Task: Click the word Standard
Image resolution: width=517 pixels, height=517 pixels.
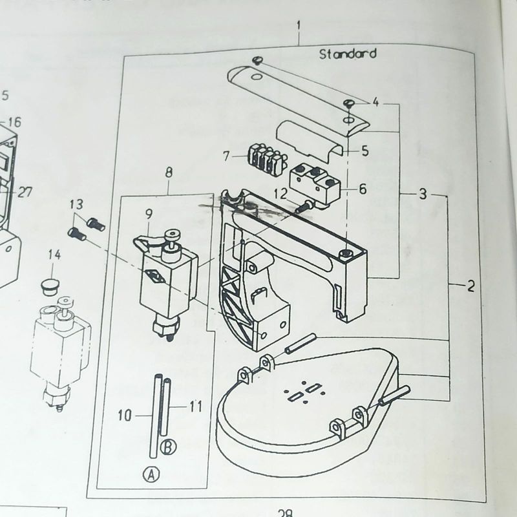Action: click(x=348, y=54)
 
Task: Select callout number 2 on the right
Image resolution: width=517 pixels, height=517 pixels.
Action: click(x=470, y=286)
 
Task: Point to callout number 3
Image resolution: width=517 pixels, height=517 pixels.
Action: click(x=422, y=194)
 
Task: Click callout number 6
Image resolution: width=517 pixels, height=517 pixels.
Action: click(x=362, y=189)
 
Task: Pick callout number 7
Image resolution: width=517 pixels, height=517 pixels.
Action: click(x=226, y=156)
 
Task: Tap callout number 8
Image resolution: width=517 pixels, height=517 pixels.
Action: click(x=169, y=173)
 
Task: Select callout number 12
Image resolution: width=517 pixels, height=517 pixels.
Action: click(x=280, y=192)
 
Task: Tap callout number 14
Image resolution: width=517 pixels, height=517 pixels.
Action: click(x=54, y=256)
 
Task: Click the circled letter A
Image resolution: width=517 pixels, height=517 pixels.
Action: click(x=151, y=475)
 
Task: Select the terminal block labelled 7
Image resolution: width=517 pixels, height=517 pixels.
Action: click(x=265, y=158)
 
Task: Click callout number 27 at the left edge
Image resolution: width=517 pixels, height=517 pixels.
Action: click(x=25, y=192)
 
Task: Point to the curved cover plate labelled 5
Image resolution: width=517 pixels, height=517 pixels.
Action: click(x=309, y=138)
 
